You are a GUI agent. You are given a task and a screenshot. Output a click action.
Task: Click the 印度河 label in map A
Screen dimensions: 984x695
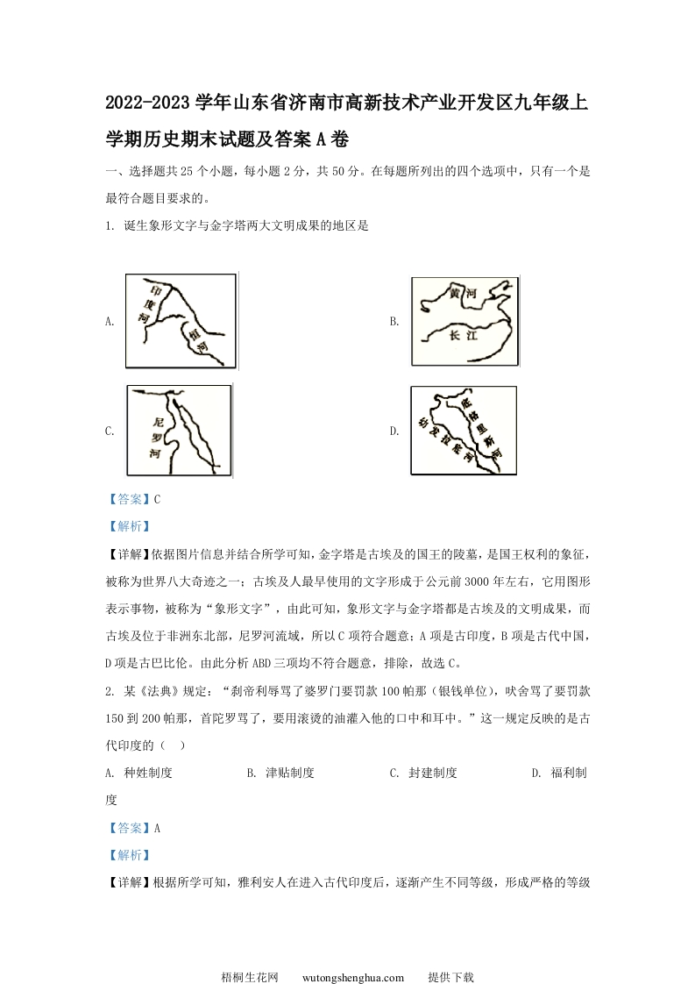tap(149, 305)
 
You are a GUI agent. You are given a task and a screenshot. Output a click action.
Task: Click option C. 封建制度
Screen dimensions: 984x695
tap(423, 773)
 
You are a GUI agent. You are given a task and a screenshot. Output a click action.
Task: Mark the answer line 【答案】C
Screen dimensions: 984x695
tap(132, 499)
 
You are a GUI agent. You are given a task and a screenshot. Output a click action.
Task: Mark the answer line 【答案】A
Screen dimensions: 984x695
tap(132, 827)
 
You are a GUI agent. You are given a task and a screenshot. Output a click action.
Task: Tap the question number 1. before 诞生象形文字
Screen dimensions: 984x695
tap(108, 225)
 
